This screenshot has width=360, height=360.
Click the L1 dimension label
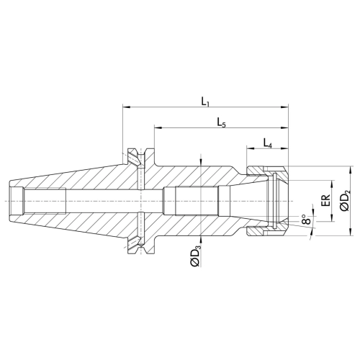tap(205, 102)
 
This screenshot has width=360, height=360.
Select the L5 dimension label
tap(221, 123)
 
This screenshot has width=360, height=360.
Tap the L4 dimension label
tap(267, 144)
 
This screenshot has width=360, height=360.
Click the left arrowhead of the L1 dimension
tap(126, 107)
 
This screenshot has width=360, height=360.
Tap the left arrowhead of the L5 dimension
tap(158, 127)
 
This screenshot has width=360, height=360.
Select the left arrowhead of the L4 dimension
tap(251, 148)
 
